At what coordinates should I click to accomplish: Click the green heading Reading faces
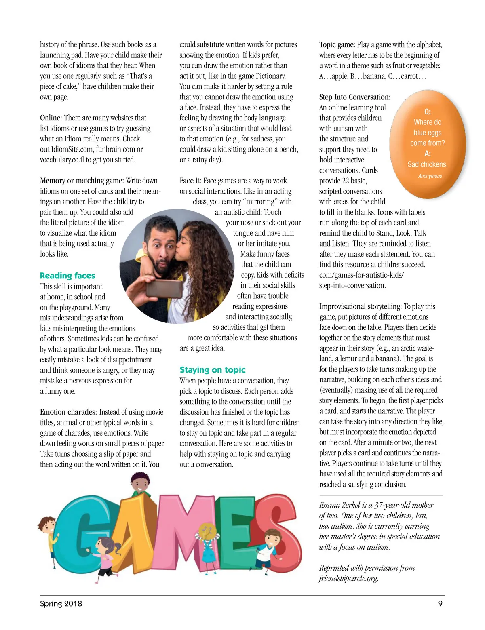pyautogui.click(x=67, y=276)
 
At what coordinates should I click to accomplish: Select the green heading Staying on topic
pyautogui.click(x=213, y=370)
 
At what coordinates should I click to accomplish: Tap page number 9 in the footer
pyautogui.click(x=440, y=603)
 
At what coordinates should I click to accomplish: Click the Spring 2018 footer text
pyautogui.click(x=61, y=604)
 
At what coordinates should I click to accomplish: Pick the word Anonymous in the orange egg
pyautogui.click(x=430, y=176)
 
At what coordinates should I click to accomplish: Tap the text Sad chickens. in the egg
pyautogui.click(x=428, y=164)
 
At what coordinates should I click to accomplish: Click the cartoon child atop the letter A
pyautogui.click(x=140, y=485)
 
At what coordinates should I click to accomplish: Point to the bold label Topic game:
pyautogui.click(x=337, y=45)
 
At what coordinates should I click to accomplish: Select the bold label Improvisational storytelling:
pyautogui.click(x=360, y=306)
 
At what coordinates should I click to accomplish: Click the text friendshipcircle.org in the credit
pyautogui.click(x=348, y=578)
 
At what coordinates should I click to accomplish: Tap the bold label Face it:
pyautogui.click(x=190, y=181)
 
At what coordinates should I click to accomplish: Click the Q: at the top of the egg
pyautogui.click(x=428, y=112)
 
